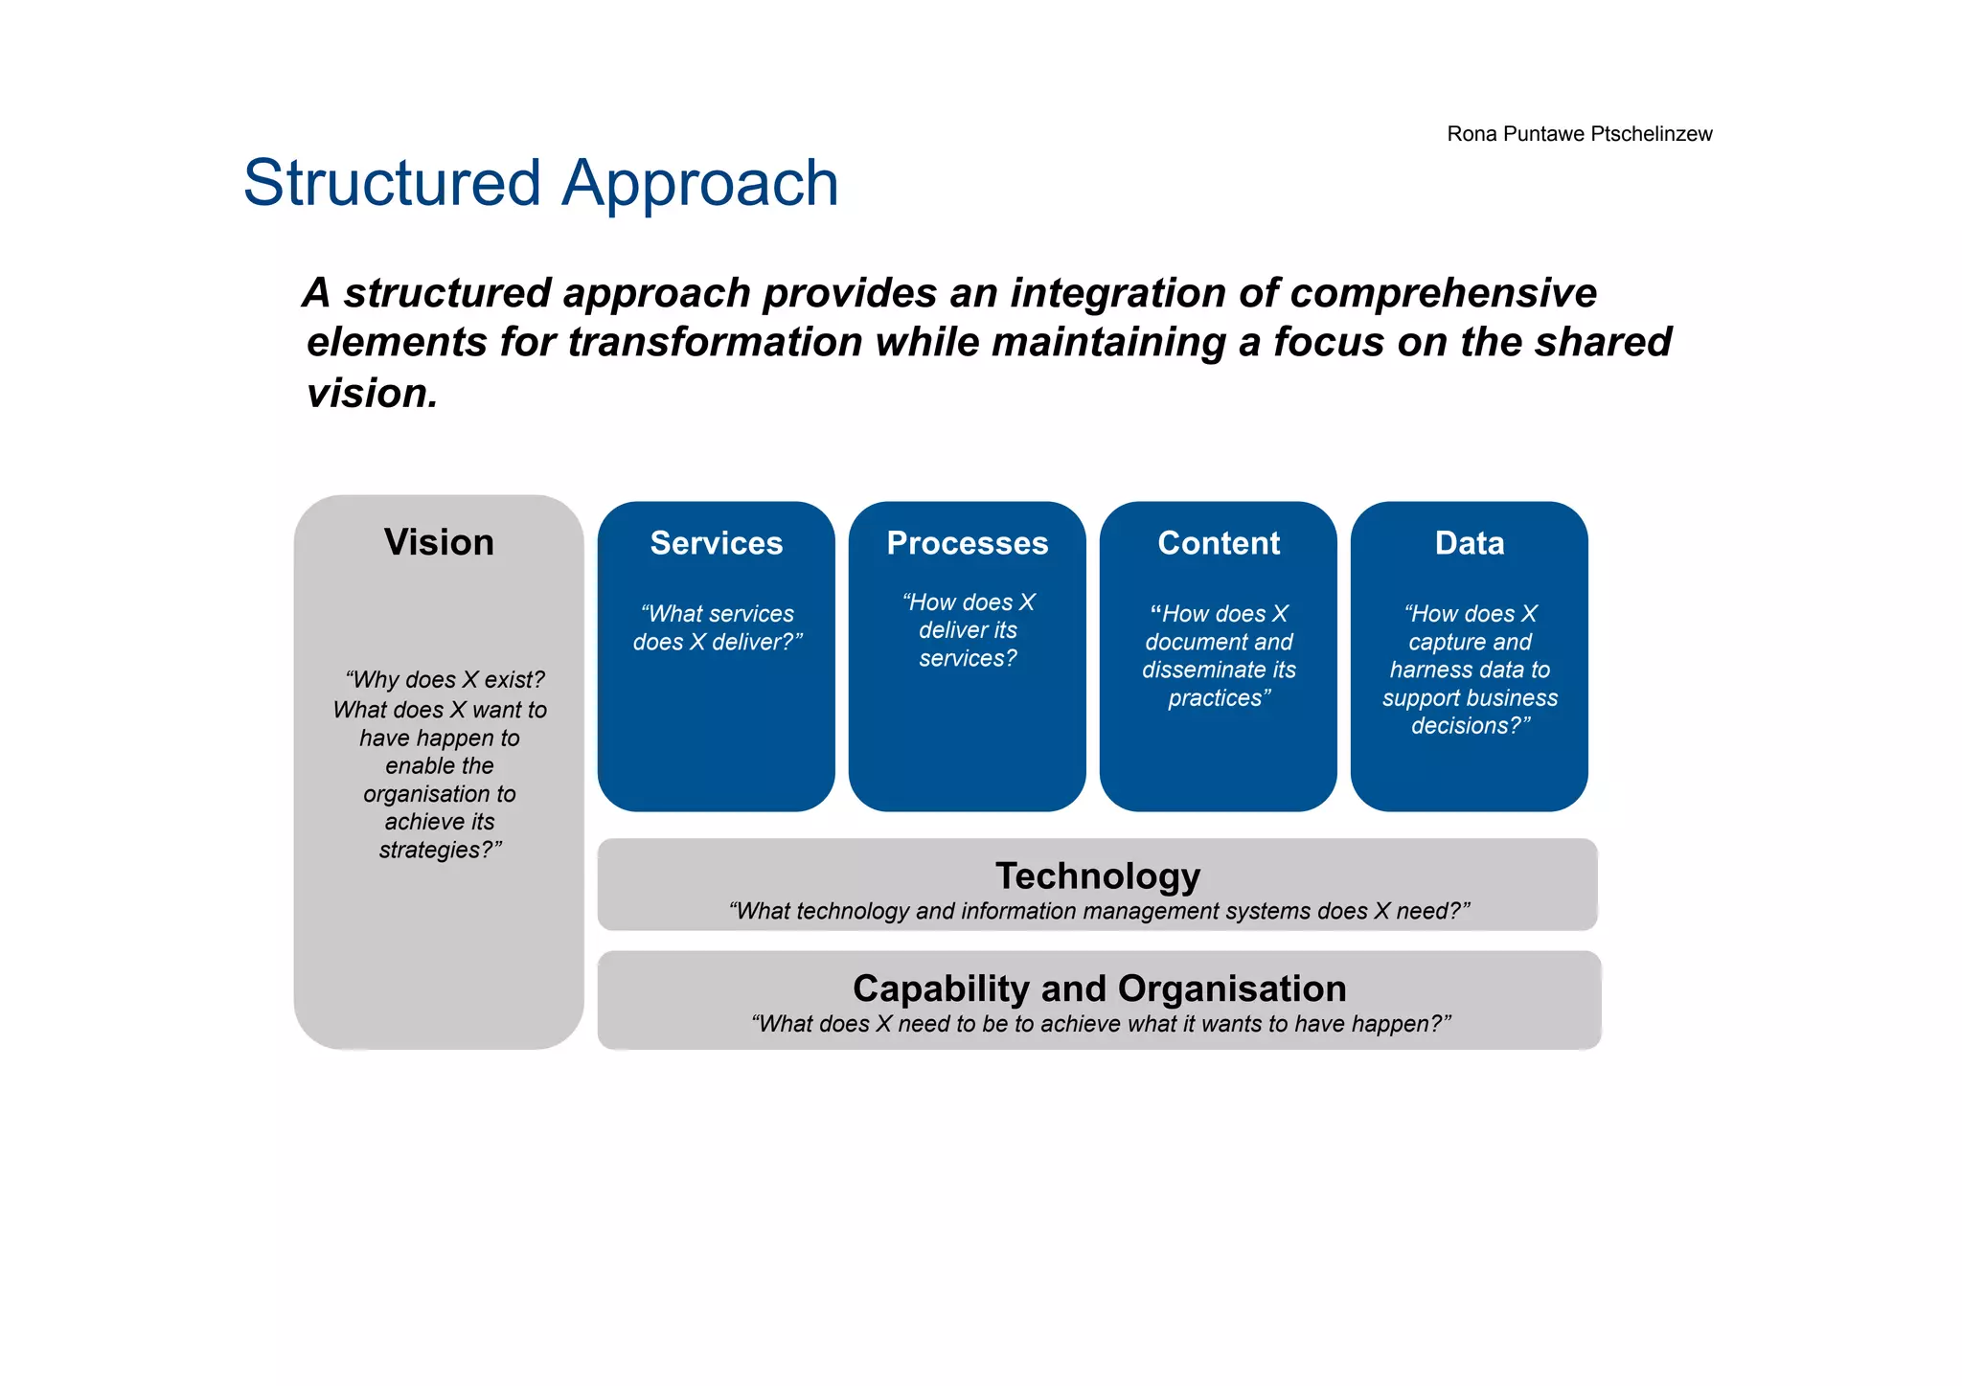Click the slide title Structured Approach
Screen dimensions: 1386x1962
point(540,183)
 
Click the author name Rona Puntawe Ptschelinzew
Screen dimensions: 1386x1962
point(1579,134)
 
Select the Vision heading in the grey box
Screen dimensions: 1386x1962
point(439,542)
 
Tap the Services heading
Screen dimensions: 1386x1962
point(716,543)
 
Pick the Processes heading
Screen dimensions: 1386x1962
point(967,543)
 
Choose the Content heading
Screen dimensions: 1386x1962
point(1218,543)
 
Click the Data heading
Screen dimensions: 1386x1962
point(1469,543)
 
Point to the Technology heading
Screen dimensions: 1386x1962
point(1098,875)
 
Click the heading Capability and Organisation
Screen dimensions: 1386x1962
point(1099,988)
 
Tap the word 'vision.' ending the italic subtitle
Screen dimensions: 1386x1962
point(372,393)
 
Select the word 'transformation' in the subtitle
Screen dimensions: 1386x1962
point(715,342)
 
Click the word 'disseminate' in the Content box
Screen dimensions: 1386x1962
point(1191,670)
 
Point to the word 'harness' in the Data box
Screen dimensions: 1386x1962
point(1432,670)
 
